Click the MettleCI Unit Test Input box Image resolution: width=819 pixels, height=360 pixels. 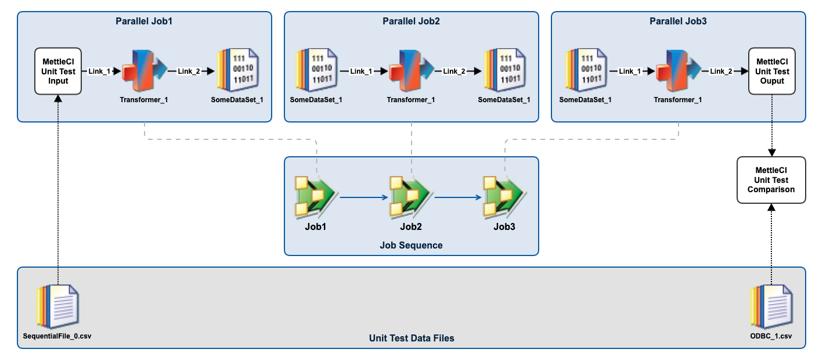[x=58, y=71]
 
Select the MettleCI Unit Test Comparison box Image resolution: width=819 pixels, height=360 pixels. [x=771, y=180]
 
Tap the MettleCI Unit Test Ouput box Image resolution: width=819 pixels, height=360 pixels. [x=771, y=71]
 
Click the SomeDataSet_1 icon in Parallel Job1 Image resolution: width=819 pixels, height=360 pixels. [x=237, y=71]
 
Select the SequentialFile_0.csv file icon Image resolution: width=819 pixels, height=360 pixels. [x=57, y=307]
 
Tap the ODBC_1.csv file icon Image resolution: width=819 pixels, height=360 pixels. [x=771, y=307]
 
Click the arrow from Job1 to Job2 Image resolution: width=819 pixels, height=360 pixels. [x=363, y=197]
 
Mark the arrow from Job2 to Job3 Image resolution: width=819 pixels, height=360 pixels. [x=458, y=197]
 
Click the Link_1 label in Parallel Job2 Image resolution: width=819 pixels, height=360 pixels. [x=360, y=71]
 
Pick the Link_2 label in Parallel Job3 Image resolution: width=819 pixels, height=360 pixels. [x=721, y=71]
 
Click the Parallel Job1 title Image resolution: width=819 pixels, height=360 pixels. [x=145, y=21]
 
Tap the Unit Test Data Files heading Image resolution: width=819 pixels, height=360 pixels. [x=412, y=338]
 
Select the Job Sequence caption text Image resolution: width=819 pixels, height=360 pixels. [x=411, y=245]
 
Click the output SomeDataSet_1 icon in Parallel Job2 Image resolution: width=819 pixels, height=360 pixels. [x=504, y=71]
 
